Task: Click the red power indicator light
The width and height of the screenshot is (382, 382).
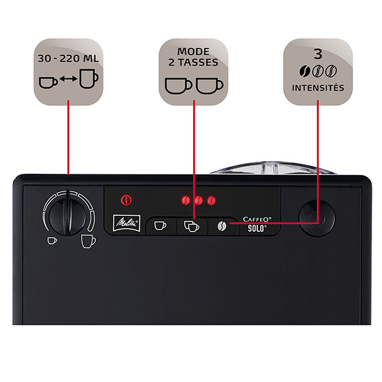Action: [126, 201]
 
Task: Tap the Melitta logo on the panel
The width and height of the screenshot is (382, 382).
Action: [127, 223]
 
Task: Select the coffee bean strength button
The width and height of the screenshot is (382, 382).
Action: [222, 226]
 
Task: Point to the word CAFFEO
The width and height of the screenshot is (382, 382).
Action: [257, 220]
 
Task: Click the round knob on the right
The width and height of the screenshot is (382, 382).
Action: [316, 218]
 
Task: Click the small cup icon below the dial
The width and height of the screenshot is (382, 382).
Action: [52, 241]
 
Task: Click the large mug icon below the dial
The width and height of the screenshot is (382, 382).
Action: [88, 241]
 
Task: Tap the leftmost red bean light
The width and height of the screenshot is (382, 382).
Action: [186, 201]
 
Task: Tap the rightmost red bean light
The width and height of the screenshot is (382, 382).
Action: [211, 201]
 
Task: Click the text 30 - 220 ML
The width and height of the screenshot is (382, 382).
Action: [68, 59]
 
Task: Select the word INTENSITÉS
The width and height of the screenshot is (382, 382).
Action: [318, 88]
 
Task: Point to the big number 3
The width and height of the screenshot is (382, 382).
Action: [318, 54]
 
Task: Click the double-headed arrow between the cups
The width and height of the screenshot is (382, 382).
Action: [69, 79]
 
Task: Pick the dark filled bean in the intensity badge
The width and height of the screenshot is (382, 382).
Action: [305, 71]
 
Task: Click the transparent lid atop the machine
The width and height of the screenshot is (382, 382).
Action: [273, 168]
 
